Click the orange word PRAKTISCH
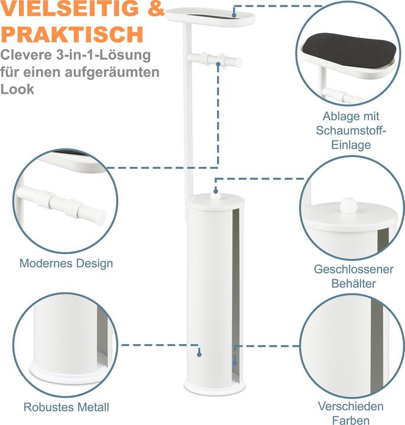click(72, 34)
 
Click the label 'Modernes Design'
click(66, 263)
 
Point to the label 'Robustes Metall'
click(66, 407)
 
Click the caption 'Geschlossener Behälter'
click(354, 276)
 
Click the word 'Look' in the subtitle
click(17, 90)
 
